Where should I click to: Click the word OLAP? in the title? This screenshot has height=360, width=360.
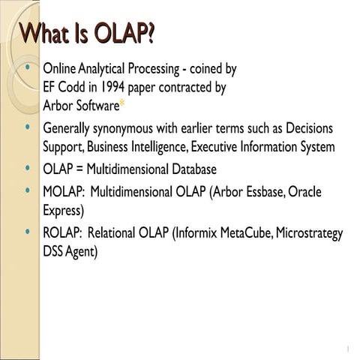coord(124,34)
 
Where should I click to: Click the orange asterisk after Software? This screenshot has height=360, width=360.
coord(122,103)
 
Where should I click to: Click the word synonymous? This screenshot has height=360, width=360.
coord(123,129)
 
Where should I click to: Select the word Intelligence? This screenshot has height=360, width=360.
coord(160,147)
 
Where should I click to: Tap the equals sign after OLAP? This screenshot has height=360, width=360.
coord(79,169)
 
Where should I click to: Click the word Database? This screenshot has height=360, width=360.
coord(194,169)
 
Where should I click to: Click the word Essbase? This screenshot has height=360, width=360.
coord(266,192)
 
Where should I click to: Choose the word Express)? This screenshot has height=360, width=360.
coord(64,211)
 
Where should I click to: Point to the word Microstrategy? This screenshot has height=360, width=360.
coord(309,233)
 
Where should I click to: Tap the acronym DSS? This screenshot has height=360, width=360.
coord(52,251)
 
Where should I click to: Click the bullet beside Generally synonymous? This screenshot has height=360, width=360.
coord(28,127)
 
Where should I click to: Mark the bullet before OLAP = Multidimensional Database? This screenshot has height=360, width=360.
coord(28,167)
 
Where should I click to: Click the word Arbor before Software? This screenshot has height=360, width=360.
coord(58,106)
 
